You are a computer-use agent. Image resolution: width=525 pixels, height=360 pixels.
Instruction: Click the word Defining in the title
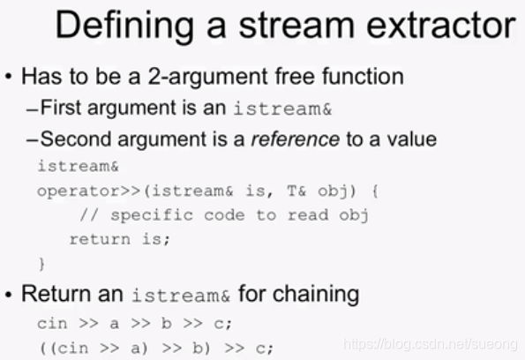click(124, 26)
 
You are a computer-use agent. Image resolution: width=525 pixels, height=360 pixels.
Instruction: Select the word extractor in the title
click(441, 25)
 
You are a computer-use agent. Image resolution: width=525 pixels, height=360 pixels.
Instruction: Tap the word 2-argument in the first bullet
click(207, 77)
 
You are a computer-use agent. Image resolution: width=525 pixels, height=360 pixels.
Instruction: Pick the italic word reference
click(296, 139)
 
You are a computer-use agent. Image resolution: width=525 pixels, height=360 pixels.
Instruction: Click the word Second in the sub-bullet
click(76, 139)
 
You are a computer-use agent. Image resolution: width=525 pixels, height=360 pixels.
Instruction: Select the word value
click(412, 139)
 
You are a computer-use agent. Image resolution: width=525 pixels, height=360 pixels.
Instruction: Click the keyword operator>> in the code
click(88, 191)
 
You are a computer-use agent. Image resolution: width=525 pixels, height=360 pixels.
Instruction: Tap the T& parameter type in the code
click(296, 191)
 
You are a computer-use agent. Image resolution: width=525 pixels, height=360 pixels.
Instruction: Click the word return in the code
click(100, 239)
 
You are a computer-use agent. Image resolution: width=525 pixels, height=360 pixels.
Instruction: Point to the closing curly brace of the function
click(42, 264)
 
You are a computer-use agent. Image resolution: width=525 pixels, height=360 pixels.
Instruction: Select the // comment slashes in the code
click(89, 215)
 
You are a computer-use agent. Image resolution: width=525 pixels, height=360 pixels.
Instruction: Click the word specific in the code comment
click(152, 215)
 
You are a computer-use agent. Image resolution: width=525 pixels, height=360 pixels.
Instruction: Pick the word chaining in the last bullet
click(316, 295)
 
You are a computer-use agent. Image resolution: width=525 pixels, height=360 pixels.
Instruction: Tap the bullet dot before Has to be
click(9, 77)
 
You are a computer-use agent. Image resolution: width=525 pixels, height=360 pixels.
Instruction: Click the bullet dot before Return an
click(9, 295)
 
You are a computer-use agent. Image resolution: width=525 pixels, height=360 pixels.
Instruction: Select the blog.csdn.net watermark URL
click(431, 344)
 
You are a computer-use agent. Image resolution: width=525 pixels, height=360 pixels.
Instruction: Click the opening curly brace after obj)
click(375, 191)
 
